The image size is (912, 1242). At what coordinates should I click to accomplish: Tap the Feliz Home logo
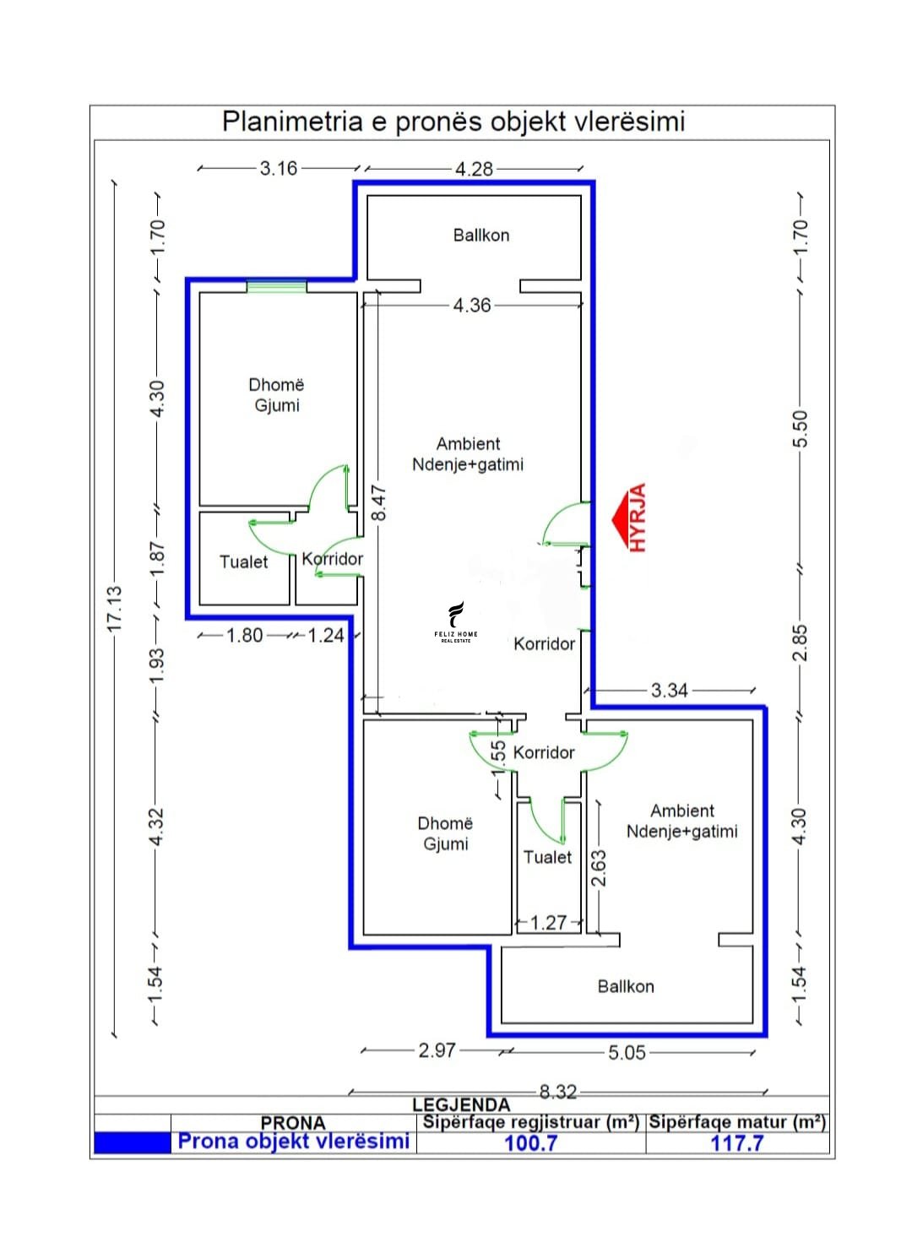tap(455, 621)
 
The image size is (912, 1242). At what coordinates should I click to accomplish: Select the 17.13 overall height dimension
tap(114, 608)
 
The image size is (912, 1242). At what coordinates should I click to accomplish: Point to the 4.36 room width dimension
tap(472, 305)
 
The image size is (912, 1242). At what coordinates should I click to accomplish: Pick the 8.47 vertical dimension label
tap(379, 503)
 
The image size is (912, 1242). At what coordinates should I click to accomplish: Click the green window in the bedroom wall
tap(276, 286)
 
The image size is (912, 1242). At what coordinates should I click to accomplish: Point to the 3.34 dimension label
tap(669, 691)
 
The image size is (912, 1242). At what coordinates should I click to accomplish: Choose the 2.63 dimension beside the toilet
tap(600, 868)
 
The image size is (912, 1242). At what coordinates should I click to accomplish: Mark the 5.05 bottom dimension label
tap(627, 1052)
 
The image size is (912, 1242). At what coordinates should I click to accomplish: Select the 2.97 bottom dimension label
tap(437, 1050)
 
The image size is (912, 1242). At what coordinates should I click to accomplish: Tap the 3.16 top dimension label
tap(279, 167)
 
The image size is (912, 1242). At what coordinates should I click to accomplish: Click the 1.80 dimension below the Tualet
tap(245, 635)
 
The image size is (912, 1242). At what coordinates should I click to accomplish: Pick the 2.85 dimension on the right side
tap(801, 643)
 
